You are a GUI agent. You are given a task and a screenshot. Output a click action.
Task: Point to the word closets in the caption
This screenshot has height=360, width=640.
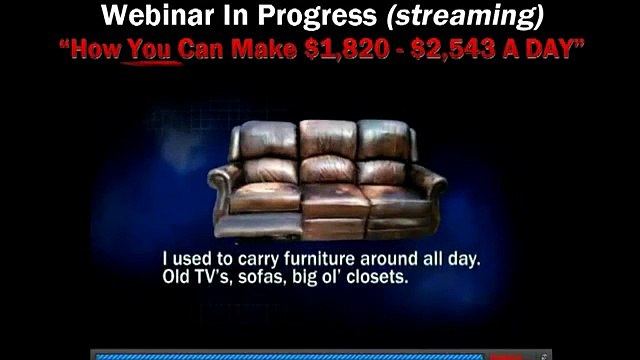click(377, 277)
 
